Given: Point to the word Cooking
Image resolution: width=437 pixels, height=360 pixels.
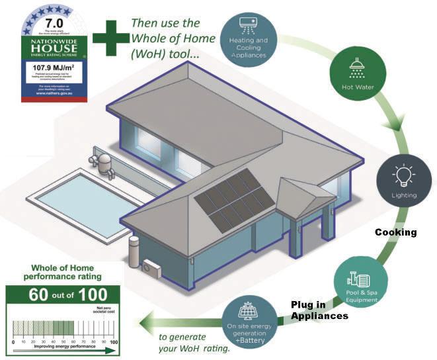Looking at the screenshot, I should tap(396, 232).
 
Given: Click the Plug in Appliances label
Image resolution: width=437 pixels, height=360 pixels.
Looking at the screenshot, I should tap(320, 310).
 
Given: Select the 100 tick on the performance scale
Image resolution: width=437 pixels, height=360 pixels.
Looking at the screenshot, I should tap(114, 342).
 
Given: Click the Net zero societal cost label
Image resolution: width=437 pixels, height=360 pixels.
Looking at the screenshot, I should tap(100, 312).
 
